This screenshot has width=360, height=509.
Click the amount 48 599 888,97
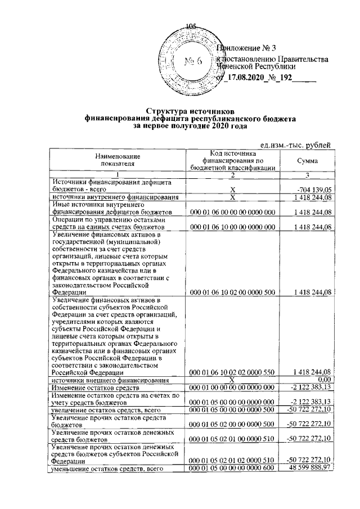coord(309,468)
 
